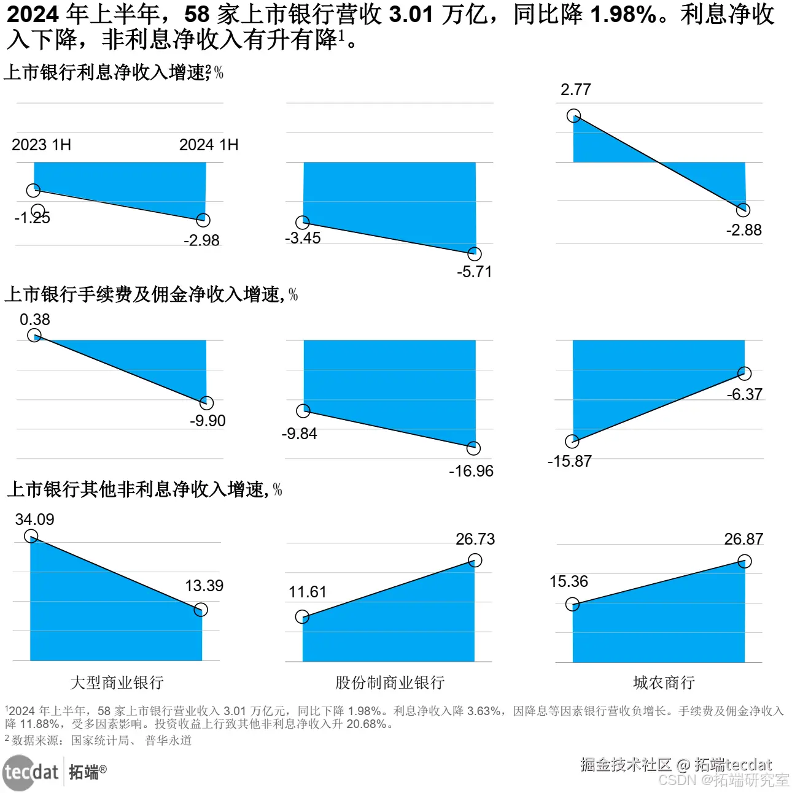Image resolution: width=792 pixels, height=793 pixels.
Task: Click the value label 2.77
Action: tap(575, 90)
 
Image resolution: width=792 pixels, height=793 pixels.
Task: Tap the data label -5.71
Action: tap(474, 272)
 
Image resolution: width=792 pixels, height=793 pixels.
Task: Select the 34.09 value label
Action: tap(34, 519)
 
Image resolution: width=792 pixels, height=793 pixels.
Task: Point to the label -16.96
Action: tap(471, 471)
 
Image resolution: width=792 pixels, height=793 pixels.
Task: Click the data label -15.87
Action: tap(569, 461)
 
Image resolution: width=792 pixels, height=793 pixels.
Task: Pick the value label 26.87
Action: tap(743, 539)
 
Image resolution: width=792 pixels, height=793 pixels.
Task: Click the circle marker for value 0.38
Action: tap(34, 335)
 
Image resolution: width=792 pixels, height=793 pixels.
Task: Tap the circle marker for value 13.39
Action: tap(201, 610)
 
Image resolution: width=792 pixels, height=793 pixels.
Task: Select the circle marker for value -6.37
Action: tap(744, 374)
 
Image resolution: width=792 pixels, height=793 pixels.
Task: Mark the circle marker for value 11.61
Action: tap(302, 617)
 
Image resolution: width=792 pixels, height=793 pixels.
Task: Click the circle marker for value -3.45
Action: tap(302, 223)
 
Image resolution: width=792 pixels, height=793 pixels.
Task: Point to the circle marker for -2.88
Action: tap(743, 210)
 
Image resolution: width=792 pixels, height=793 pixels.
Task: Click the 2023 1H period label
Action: tap(41, 145)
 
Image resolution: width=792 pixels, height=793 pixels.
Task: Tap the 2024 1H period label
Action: tap(209, 145)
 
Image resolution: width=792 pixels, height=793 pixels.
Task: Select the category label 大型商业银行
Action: tap(117, 683)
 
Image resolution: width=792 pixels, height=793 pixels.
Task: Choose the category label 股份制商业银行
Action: tap(389, 683)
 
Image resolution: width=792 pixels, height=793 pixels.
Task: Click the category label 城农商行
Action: tap(664, 683)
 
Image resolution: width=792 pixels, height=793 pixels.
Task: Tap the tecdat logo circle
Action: tap(18, 773)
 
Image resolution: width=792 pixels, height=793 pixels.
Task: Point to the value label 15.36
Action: tap(569, 581)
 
